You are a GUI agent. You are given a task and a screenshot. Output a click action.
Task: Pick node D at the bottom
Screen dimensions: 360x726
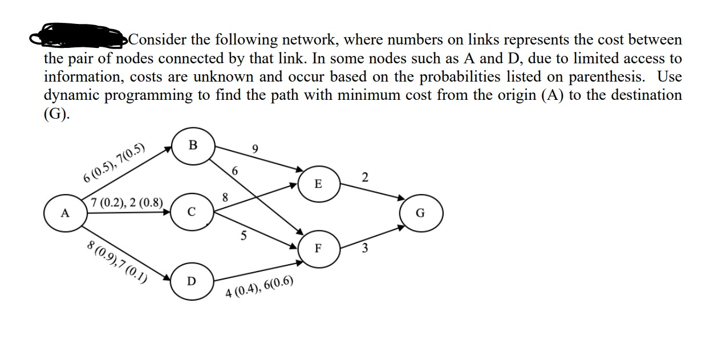click(192, 281)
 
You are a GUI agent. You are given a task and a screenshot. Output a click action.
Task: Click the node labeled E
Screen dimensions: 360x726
click(318, 184)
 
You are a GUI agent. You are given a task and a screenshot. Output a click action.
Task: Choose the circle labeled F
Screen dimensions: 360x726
click(318, 249)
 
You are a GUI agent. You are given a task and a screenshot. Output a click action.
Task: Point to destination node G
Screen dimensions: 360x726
click(420, 214)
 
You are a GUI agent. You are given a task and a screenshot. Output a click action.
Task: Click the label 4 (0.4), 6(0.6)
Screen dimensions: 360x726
click(259, 289)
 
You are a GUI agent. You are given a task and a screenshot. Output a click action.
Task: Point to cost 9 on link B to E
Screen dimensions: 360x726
click(255, 149)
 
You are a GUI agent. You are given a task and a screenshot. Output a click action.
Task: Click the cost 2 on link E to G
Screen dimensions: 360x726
click(365, 178)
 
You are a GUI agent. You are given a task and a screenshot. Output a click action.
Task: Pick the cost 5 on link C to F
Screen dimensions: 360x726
click(244, 236)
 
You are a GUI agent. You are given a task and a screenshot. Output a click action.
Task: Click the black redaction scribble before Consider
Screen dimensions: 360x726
click(80, 39)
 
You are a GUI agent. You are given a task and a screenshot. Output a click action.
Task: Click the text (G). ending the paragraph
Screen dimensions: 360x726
click(57, 113)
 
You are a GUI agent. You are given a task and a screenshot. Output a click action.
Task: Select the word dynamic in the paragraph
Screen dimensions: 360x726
click(74, 95)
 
